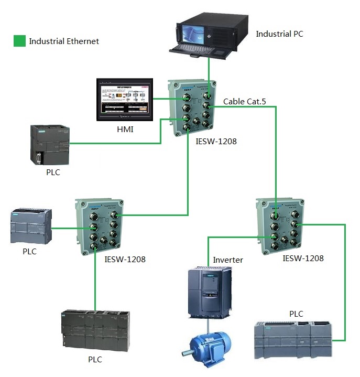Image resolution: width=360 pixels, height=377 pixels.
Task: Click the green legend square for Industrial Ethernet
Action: (x=19, y=41)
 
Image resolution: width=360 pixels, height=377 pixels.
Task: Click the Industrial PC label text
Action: (x=279, y=34)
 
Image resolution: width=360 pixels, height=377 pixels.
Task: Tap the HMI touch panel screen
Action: (x=125, y=100)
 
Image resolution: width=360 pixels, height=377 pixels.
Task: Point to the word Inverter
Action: (x=228, y=260)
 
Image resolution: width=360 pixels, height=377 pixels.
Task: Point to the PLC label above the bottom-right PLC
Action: (x=296, y=314)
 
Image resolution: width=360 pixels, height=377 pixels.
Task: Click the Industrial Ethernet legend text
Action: (x=64, y=41)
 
